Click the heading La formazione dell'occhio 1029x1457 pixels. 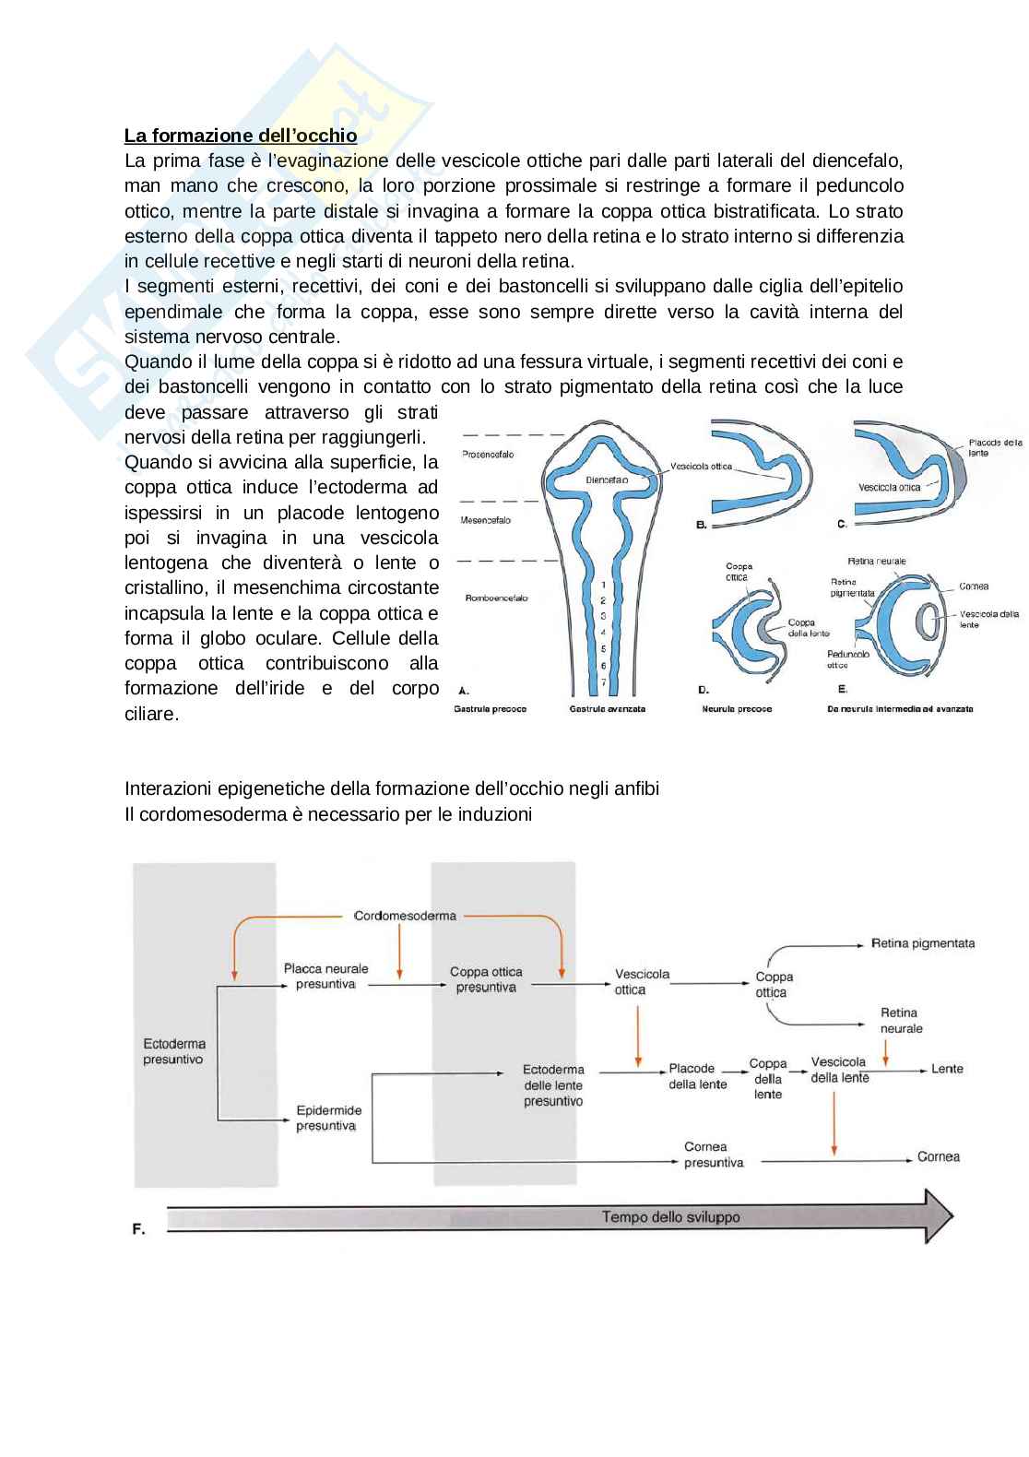[x=241, y=136]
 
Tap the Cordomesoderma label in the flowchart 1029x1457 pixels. [x=405, y=916]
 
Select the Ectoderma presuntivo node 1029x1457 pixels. [x=174, y=1052]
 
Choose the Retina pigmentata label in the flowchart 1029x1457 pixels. [x=923, y=943]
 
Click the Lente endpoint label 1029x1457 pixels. [x=947, y=1069]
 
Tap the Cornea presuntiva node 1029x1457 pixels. [x=706, y=1155]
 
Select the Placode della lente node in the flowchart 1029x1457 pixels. [x=698, y=1077]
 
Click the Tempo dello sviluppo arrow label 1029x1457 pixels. [x=670, y=1216]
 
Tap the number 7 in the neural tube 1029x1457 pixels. [x=602, y=681]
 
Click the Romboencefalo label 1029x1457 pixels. [x=496, y=598]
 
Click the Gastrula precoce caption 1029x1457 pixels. [x=490, y=709]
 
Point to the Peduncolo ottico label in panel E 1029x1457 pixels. [x=847, y=658]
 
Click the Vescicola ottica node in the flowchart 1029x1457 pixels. [x=643, y=982]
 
